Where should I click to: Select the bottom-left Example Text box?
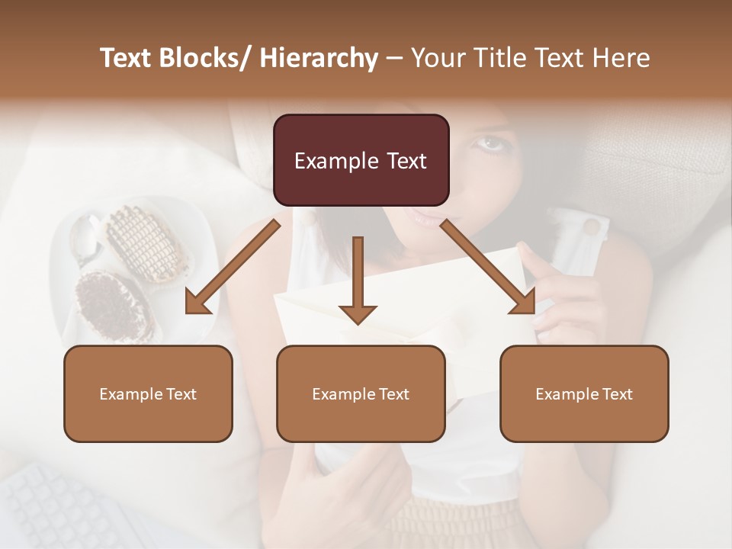click(x=148, y=393)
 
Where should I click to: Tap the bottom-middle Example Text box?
click(x=361, y=393)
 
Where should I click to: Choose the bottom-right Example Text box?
click(x=584, y=393)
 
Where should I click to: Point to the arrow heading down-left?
click(x=233, y=267)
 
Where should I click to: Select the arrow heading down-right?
click(x=489, y=267)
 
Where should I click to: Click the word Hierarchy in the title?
click(x=318, y=59)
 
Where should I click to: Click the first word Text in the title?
click(x=126, y=59)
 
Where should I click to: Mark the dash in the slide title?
click(x=394, y=59)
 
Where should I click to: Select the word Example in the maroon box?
click(x=336, y=161)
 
